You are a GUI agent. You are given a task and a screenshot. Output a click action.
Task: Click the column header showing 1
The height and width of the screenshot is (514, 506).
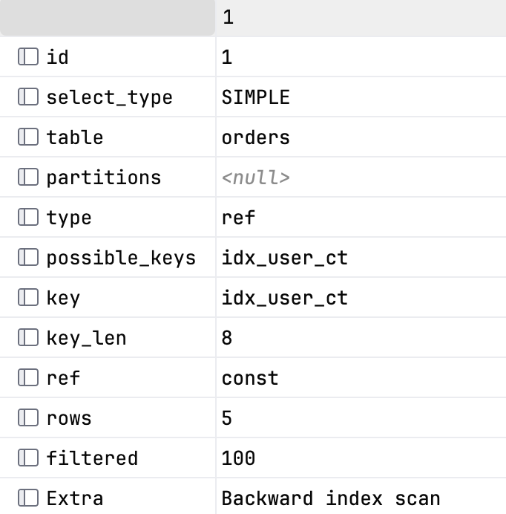(x=228, y=17)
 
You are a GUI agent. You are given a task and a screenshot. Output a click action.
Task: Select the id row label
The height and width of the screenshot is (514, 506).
(x=58, y=57)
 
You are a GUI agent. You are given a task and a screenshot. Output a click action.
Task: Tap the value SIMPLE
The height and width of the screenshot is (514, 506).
(x=255, y=97)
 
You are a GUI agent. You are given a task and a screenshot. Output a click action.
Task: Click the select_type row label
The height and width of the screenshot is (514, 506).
(x=109, y=98)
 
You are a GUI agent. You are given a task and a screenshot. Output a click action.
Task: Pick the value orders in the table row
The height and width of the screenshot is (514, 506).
(x=255, y=137)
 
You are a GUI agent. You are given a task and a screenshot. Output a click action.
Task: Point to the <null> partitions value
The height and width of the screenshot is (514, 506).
(x=255, y=178)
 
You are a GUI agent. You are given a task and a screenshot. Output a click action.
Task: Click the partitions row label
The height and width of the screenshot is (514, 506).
(x=104, y=178)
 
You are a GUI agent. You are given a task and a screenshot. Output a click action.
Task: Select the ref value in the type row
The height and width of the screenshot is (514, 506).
(x=238, y=218)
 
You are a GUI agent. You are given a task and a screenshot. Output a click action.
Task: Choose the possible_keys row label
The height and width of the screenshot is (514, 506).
(x=121, y=258)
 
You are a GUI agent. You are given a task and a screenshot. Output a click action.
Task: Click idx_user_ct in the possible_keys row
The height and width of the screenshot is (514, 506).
(x=285, y=258)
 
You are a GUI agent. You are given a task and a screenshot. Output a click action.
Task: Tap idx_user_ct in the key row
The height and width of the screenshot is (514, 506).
(x=285, y=298)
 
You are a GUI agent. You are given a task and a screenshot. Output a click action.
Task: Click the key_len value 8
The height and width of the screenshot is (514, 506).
(x=226, y=338)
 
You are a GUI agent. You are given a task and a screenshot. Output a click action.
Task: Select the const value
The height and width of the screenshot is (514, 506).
(x=250, y=378)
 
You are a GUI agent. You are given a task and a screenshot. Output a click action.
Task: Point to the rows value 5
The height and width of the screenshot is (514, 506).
(x=226, y=418)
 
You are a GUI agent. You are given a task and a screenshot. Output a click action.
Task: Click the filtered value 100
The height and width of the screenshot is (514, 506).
(x=238, y=458)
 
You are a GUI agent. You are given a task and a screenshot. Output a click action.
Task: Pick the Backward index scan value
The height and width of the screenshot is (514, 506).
(x=331, y=498)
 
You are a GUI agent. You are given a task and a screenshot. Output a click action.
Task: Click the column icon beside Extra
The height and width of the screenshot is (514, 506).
(x=28, y=498)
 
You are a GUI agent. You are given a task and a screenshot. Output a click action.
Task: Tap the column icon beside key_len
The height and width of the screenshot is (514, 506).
(x=28, y=337)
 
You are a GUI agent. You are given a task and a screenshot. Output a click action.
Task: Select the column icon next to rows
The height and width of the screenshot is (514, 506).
(x=28, y=417)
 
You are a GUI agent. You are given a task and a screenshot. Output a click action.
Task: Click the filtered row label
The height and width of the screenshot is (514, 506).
(x=92, y=458)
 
